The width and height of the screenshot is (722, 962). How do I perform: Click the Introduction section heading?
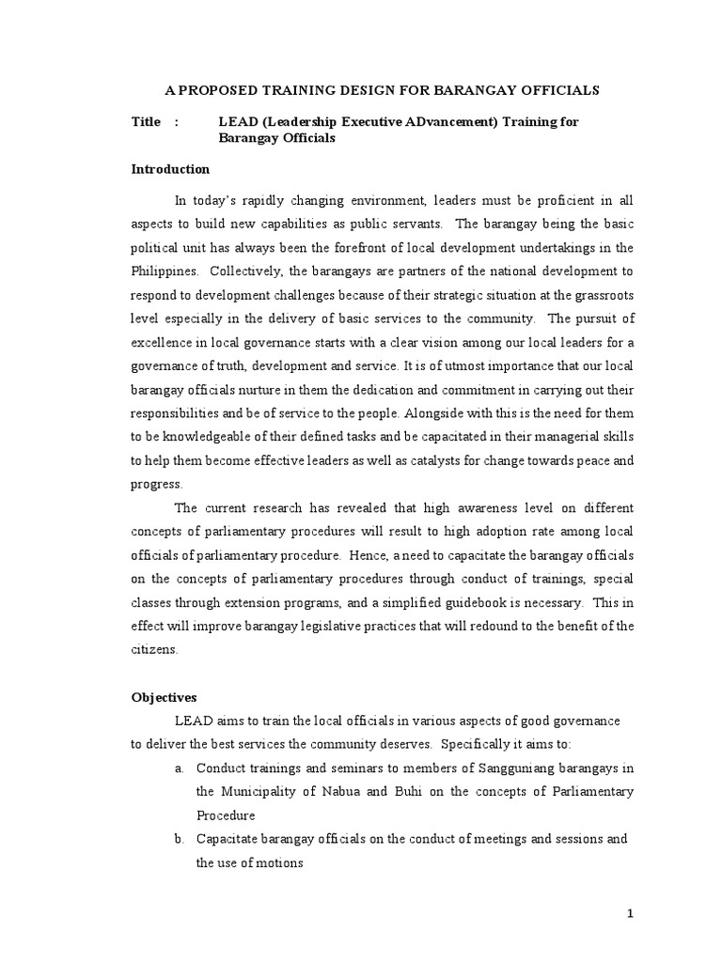tap(170, 170)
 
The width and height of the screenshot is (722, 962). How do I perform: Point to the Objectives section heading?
tap(165, 698)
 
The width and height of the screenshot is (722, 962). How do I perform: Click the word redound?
tap(492, 626)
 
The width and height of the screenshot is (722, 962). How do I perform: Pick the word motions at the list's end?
tap(279, 861)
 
